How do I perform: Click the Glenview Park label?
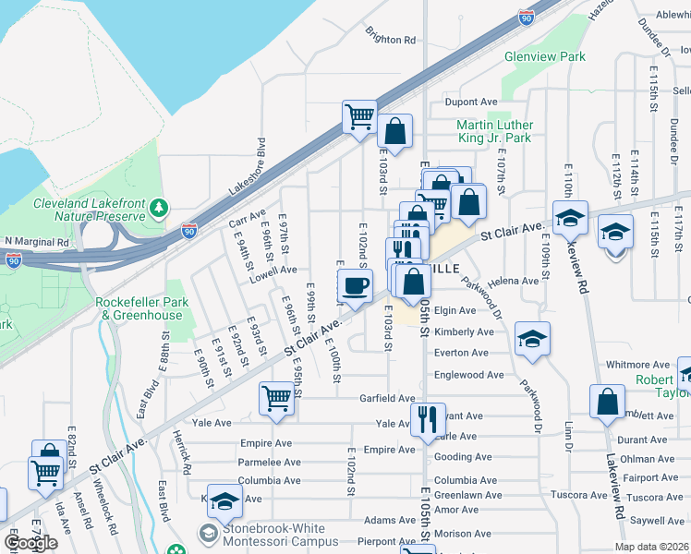545,56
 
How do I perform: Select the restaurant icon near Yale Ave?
425,421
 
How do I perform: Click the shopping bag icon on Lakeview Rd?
608,403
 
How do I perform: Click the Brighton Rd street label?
390,40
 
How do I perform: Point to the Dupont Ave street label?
471,102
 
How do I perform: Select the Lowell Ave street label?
274,271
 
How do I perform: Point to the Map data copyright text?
650,547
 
